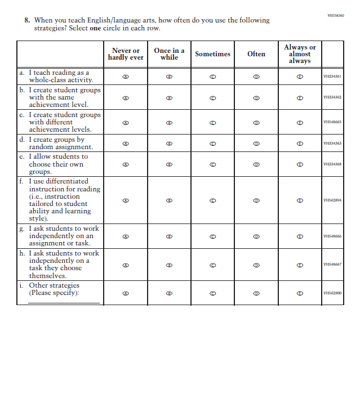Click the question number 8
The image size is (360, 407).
tap(26, 20)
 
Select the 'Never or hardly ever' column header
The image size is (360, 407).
tap(126, 54)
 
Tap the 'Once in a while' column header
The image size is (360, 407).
tap(169, 54)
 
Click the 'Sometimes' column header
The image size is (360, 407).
tap(212, 54)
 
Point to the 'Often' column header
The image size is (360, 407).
tap(256, 54)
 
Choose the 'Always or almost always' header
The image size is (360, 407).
tap(300, 54)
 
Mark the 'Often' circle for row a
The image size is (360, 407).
tap(256, 77)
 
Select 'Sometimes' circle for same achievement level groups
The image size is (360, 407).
tap(212, 97)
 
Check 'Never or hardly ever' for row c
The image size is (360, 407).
tap(126, 122)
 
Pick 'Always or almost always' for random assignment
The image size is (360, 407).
tap(300, 144)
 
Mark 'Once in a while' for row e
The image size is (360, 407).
tap(169, 164)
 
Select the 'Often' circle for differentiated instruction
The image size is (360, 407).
tap(256, 200)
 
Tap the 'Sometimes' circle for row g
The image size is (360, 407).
tap(212, 236)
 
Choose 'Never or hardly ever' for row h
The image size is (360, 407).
tap(126, 265)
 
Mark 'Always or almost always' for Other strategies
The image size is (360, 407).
tap(300, 293)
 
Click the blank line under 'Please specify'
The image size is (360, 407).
tap(64, 302)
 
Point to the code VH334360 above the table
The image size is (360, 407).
tap(335, 16)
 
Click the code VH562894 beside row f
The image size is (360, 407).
tap(332, 200)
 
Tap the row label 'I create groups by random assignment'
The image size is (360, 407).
tap(56, 144)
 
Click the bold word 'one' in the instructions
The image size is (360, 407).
tap(95, 28)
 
